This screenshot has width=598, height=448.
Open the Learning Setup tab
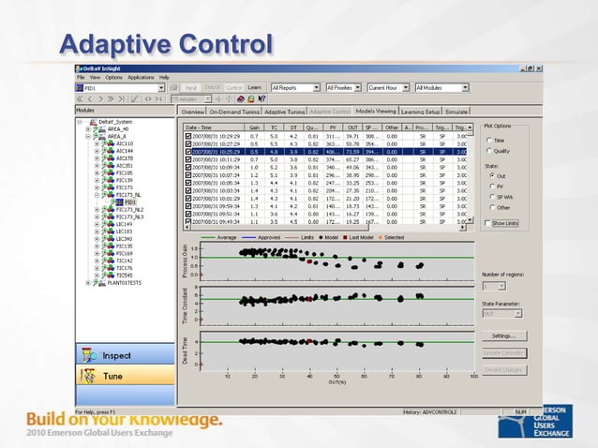click(420, 111)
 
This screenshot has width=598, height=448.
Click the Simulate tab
click(458, 111)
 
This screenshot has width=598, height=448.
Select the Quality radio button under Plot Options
click(489, 150)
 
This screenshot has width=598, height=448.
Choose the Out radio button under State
click(489, 174)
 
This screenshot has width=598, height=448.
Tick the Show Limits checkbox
click(487, 223)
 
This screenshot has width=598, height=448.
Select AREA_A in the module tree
click(117, 136)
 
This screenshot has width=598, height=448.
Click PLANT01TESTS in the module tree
click(121, 281)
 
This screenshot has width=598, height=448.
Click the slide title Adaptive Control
click(165, 44)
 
